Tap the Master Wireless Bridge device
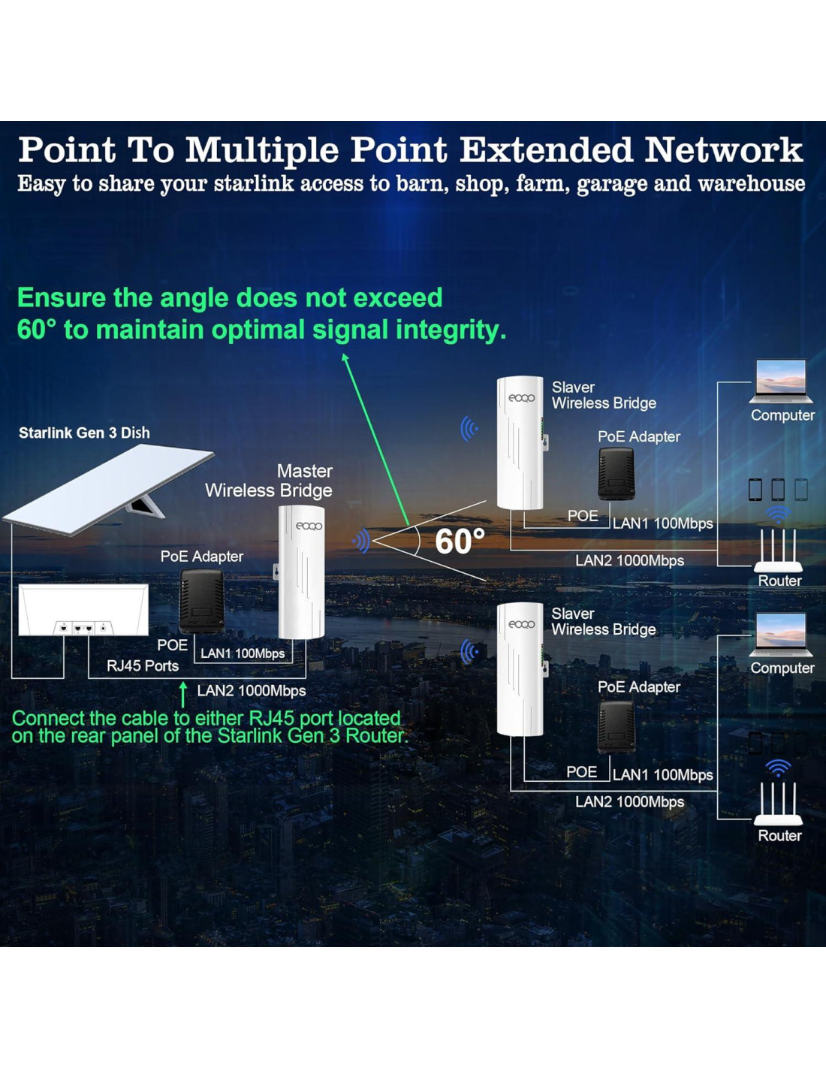[x=302, y=572]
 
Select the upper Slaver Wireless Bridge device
[x=520, y=443]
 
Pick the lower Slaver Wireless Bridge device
[x=520, y=668]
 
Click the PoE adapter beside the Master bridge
[x=201, y=601]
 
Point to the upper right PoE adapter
[x=616, y=473]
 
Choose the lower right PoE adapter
[x=616, y=727]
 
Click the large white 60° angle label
[x=460, y=542]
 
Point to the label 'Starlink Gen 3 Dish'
[x=84, y=433]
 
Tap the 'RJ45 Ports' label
[x=143, y=666]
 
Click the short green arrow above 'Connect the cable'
[x=182, y=694]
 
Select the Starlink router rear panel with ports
[x=83, y=610]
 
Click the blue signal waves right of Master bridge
[x=362, y=541]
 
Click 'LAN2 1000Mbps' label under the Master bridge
[x=251, y=691]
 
